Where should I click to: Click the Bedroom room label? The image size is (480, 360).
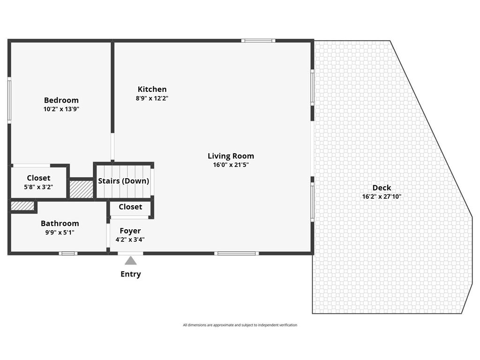(x=61, y=100)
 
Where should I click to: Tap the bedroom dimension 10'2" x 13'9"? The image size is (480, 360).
(x=61, y=109)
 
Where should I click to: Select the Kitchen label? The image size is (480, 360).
(x=152, y=89)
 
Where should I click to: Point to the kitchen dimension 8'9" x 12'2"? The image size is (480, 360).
(x=152, y=98)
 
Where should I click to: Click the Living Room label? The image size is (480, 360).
(x=231, y=156)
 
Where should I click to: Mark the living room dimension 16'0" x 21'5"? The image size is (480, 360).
(x=231, y=165)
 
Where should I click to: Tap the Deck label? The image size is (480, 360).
(x=382, y=187)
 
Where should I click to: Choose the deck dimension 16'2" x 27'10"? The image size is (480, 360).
(x=382, y=197)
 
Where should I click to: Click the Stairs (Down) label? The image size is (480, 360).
(x=123, y=181)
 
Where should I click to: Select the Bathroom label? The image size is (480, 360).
(x=60, y=224)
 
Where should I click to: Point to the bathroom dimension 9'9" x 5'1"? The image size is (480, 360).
(x=60, y=232)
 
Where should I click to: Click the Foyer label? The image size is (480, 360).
(x=130, y=231)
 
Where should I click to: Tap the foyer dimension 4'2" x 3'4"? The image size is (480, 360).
(x=130, y=240)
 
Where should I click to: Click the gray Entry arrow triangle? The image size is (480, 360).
(x=130, y=261)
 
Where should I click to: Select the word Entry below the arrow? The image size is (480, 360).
(x=130, y=274)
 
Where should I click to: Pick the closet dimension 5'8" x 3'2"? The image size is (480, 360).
(x=38, y=187)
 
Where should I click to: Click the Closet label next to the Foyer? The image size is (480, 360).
(x=130, y=207)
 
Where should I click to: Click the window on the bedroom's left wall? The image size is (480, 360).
(x=9, y=100)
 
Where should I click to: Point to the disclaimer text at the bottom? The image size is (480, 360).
(x=240, y=325)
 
